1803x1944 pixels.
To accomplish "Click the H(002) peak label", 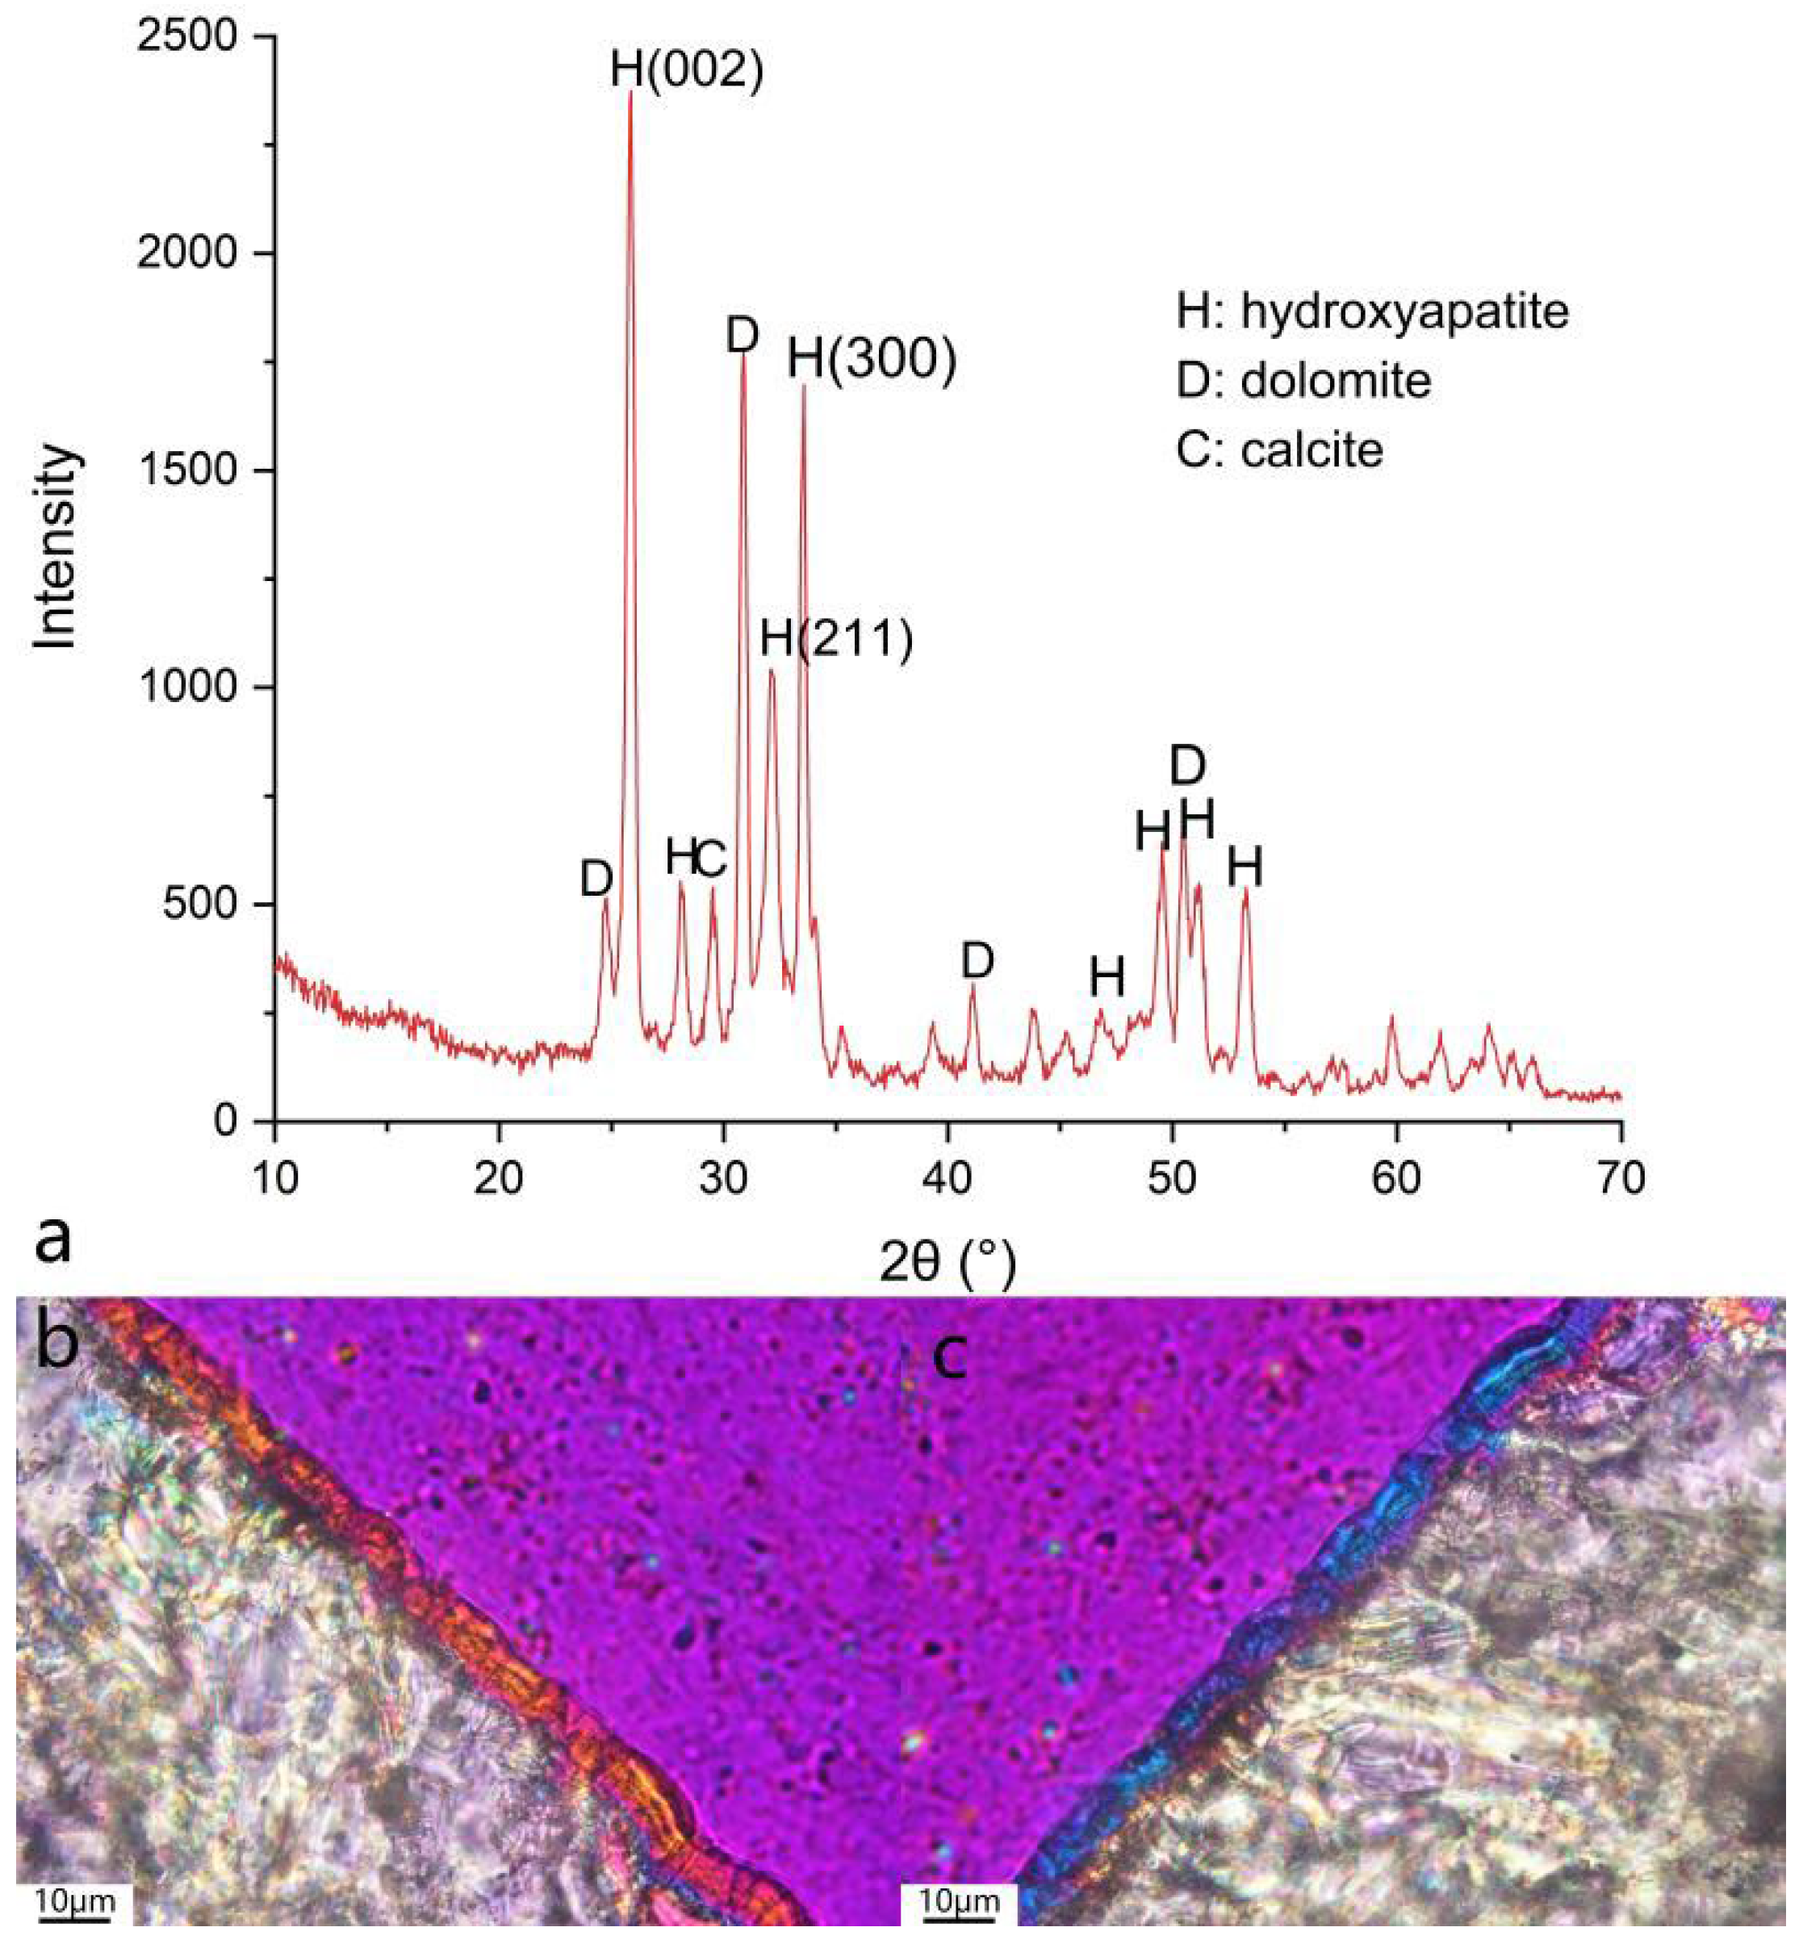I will point(687,69).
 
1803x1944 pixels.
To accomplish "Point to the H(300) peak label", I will point(872,359).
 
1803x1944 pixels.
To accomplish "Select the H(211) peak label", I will point(836,639).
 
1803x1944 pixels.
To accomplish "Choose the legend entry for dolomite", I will point(1303,380).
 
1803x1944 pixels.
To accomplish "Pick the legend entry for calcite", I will point(1279,449).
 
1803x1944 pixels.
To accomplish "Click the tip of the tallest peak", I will point(630,93).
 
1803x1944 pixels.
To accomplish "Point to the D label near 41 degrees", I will point(977,961).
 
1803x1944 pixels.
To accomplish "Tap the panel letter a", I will point(52,1239).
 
